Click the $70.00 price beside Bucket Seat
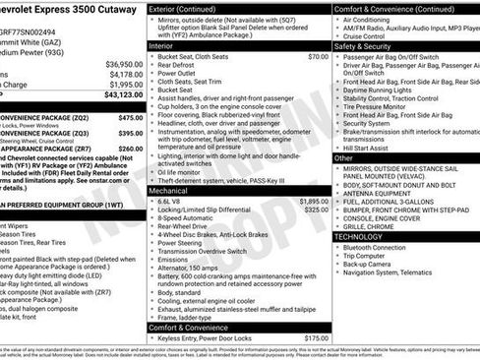point(318,57)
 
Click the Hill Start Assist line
point(374,147)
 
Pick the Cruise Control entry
point(370,36)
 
